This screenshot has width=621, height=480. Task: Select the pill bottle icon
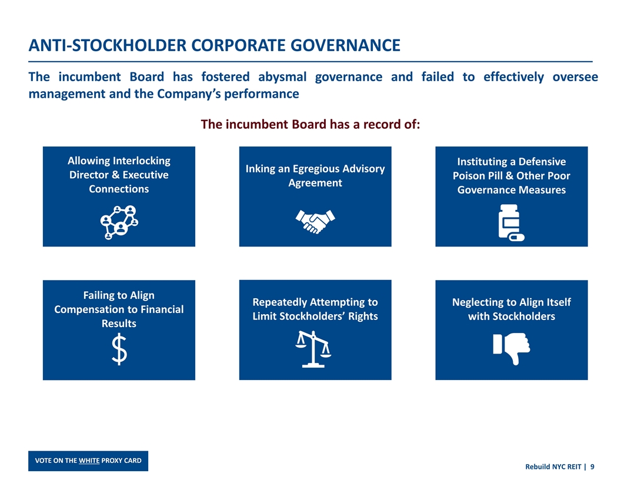pos(510,222)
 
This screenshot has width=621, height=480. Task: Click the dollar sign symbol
pos(119,349)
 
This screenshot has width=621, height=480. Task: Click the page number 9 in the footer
pos(592,466)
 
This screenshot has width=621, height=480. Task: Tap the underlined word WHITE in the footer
pos(89,460)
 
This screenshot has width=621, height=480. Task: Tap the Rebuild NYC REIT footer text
pos(552,466)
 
